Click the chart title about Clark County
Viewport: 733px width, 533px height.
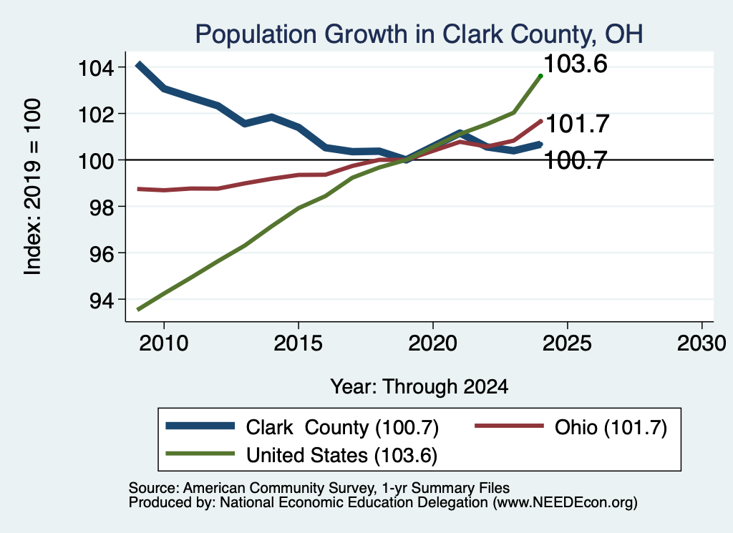(419, 34)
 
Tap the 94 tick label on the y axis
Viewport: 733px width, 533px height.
(102, 300)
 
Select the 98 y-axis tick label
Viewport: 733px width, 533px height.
(102, 207)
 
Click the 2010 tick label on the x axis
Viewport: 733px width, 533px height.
(164, 343)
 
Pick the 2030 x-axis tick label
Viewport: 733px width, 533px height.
(702, 343)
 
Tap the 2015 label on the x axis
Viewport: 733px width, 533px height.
(298, 343)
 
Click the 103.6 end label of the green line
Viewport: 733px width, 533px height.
(576, 64)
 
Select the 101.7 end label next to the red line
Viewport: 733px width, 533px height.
(578, 124)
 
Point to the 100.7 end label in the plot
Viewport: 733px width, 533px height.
(576, 161)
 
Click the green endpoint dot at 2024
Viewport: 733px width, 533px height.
(541, 76)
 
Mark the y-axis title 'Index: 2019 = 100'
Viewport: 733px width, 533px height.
(32, 187)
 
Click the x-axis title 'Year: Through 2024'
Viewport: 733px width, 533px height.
(419, 387)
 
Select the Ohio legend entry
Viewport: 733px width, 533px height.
(571, 427)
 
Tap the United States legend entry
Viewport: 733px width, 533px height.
(301, 455)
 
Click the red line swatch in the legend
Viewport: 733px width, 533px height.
(509, 426)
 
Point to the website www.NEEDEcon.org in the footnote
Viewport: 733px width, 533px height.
(565, 503)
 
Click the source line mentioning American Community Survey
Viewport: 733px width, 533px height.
(319, 488)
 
